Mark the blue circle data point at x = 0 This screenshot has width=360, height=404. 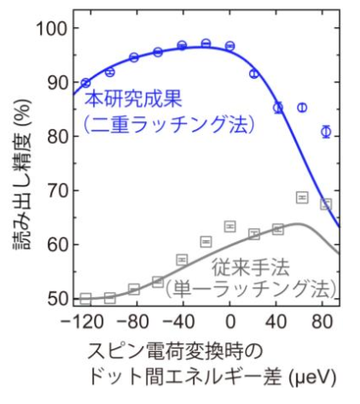(230, 45)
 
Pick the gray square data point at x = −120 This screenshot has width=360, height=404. (84, 298)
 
